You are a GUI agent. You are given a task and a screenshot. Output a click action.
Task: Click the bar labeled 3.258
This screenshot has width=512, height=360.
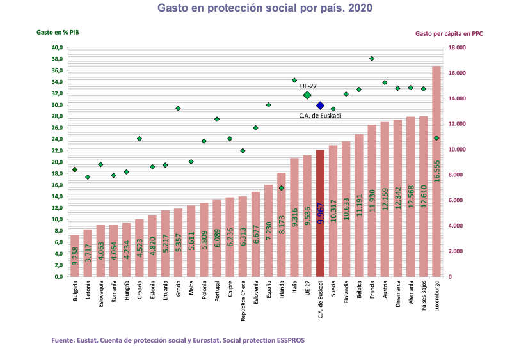click(x=75, y=256)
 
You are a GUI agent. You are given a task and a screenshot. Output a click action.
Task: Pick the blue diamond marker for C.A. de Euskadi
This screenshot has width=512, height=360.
click(x=320, y=106)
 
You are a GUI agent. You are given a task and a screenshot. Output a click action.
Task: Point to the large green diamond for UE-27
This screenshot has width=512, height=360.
click(x=307, y=95)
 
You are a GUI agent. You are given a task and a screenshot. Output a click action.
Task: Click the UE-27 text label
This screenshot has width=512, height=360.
click(x=308, y=86)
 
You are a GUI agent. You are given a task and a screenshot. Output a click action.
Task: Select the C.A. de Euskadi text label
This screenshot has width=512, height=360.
click(x=320, y=116)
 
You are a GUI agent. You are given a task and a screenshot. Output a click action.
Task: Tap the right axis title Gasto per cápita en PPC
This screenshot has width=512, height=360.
click(x=449, y=33)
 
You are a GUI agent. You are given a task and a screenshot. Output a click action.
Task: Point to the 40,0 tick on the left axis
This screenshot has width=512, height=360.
click(x=57, y=48)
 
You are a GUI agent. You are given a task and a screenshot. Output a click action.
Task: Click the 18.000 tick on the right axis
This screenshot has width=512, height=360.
click(x=457, y=48)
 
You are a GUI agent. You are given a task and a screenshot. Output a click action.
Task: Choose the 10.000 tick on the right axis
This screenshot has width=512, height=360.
click(x=457, y=150)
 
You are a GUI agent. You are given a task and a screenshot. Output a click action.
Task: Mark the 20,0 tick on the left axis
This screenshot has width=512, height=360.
click(x=57, y=162)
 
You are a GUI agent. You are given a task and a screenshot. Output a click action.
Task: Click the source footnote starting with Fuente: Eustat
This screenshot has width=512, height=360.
click(x=178, y=340)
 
